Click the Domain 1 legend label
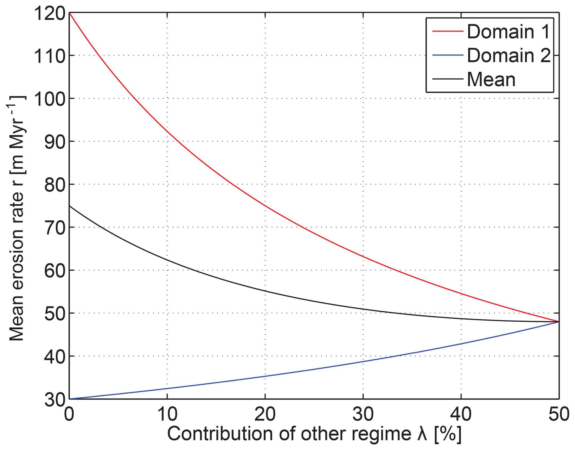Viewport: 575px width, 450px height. click(508, 32)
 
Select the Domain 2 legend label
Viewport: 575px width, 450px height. click(508, 55)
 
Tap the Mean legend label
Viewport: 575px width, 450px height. click(491, 80)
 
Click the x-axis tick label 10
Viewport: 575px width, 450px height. click(167, 415)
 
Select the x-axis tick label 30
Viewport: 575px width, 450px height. click(363, 415)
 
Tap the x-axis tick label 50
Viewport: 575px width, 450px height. click(559, 415)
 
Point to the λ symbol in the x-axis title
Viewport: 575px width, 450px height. click(422, 434)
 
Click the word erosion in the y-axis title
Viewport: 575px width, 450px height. click(17, 257)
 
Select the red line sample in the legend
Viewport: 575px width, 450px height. click(448, 31)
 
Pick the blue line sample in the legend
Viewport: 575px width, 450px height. click(448, 55)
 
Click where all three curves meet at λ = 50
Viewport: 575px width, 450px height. click(559, 322)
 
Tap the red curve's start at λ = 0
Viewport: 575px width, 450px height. click(70, 13)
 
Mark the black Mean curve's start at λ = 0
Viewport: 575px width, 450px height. click(70, 206)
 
